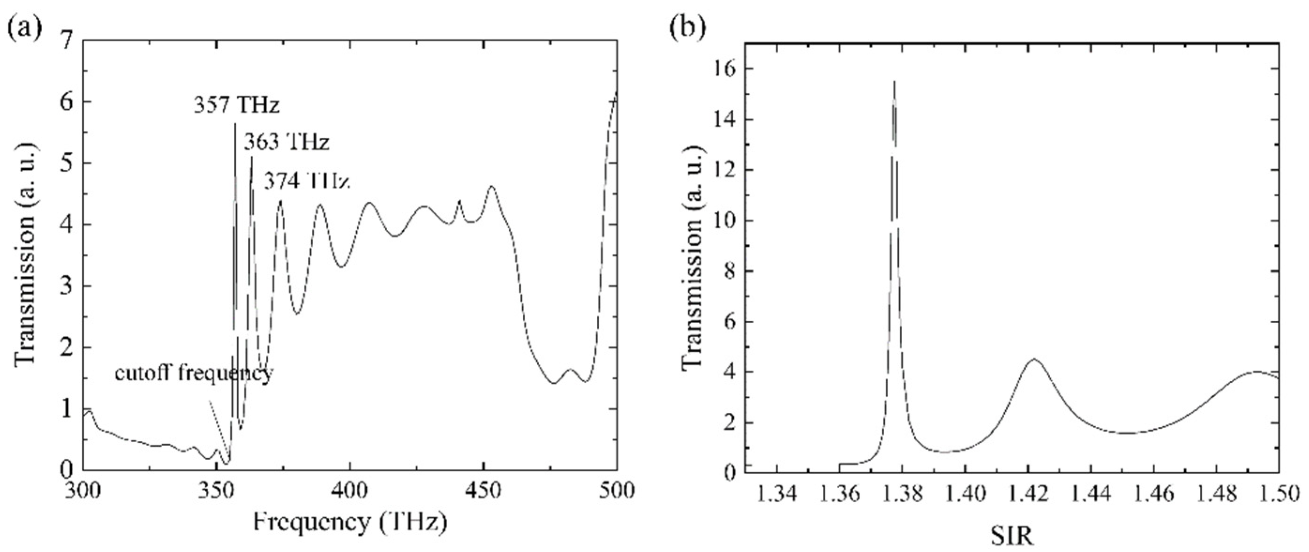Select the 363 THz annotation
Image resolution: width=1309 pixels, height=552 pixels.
pos(286,142)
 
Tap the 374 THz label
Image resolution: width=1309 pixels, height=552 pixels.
pos(307,181)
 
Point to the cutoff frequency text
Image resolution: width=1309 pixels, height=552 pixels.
pos(193,374)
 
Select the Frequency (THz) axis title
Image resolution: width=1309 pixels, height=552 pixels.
pos(351,523)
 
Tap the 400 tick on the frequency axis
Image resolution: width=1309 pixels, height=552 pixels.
pos(351,492)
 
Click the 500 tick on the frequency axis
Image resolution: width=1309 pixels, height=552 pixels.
pos(617,492)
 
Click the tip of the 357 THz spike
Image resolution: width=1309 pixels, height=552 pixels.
pos(235,123)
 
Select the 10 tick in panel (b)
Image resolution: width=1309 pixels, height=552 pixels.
pos(726,220)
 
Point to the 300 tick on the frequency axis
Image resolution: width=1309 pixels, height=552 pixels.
pos(84,492)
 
